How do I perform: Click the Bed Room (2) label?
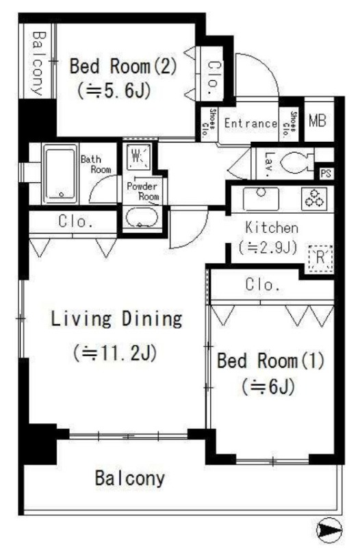[123, 67]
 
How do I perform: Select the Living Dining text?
[117, 319]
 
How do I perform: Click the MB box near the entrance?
[317, 122]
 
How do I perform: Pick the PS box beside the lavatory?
[325, 172]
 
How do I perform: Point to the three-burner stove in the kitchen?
[316, 199]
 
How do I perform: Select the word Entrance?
[250, 124]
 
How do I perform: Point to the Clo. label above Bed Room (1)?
[263, 285]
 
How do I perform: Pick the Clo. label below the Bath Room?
[77, 221]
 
